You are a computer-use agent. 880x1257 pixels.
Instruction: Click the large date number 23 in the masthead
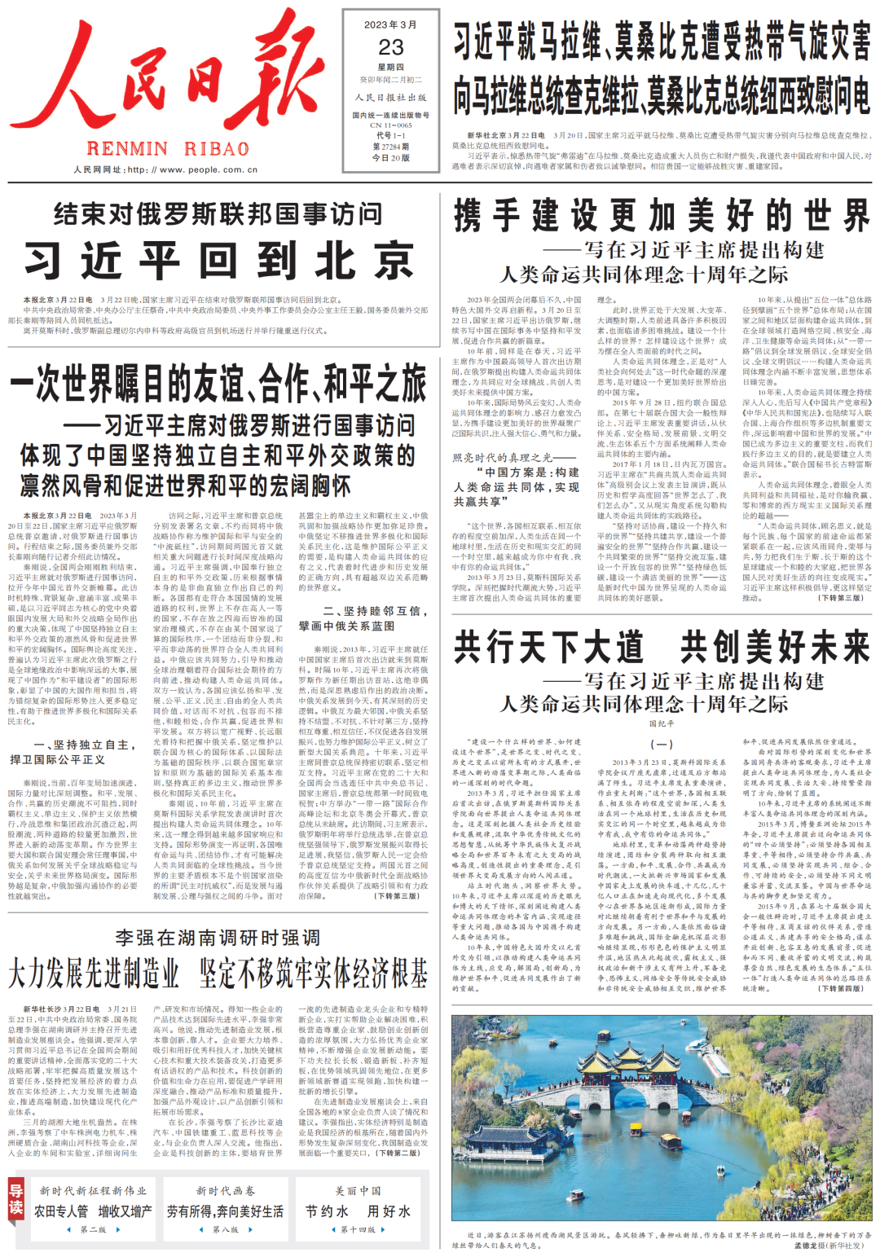pyautogui.click(x=391, y=47)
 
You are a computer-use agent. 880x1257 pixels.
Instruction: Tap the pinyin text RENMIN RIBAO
pyautogui.click(x=168, y=149)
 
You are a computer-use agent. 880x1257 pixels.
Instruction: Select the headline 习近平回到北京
pyautogui.click(x=219, y=262)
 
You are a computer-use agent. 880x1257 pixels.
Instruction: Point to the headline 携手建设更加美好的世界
pyautogui.click(x=662, y=216)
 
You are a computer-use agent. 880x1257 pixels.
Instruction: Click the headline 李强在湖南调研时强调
pyautogui.click(x=218, y=938)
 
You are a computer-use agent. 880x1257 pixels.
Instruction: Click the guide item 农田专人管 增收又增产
pyautogui.click(x=93, y=1211)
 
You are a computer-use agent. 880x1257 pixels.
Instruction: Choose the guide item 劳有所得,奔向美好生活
pyautogui.click(x=226, y=1211)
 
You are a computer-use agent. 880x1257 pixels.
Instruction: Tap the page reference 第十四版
pyautogui.click(x=358, y=1229)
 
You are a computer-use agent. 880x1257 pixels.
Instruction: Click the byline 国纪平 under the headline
pyautogui.click(x=661, y=723)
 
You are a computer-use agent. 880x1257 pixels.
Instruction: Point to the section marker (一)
pyautogui.click(x=661, y=744)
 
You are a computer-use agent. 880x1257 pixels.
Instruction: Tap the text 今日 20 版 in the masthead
pyautogui.click(x=391, y=158)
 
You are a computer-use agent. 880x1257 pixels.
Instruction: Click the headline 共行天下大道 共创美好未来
pyautogui.click(x=662, y=648)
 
